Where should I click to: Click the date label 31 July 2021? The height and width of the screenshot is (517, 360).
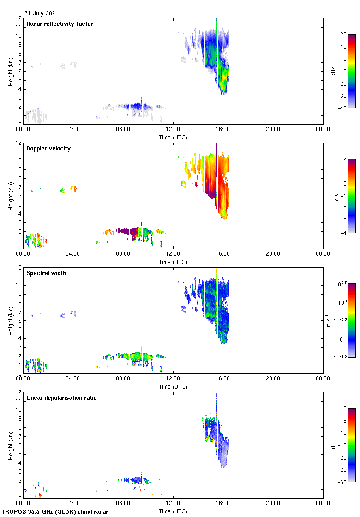click(x=42, y=13)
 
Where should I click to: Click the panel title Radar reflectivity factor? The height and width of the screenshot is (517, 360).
click(x=60, y=24)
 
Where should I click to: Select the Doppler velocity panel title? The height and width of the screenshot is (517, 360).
click(x=48, y=149)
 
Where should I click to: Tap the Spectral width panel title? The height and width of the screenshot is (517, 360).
click(x=46, y=273)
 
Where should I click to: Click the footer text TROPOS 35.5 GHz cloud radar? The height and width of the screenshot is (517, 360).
click(x=55, y=512)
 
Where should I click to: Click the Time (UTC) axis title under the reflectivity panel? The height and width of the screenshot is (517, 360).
click(x=173, y=138)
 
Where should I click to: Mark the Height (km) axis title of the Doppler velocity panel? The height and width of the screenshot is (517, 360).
click(x=10, y=196)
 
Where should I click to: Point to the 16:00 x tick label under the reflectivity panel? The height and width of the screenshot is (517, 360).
click(x=223, y=130)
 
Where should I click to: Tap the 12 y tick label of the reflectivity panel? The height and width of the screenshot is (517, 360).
click(x=18, y=18)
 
